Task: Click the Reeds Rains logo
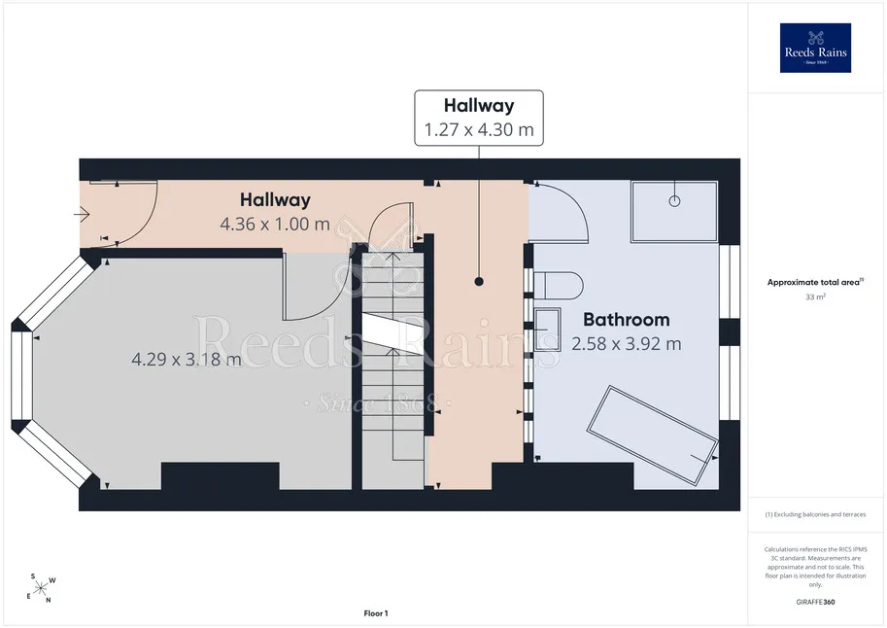[x=815, y=48]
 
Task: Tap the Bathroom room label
[x=627, y=320]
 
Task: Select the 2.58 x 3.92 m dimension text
[x=627, y=344]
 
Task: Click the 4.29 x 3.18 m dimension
[x=187, y=359]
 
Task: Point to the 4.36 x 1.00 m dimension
[x=275, y=224]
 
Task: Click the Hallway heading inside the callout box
[x=479, y=105]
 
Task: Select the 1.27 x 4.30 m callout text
[x=479, y=129]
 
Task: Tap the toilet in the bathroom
[x=559, y=286]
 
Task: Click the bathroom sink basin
[x=548, y=330]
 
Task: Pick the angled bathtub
[x=652, y=435]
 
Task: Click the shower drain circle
[x=674, y=200]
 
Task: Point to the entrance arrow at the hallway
[x=82, y=215]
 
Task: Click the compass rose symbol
[x=40, y=589]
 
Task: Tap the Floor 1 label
[x=376, y=613]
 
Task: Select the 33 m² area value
[x=815, y=297]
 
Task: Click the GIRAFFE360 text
[x=815, y=602]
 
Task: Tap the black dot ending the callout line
[x=479, y=282]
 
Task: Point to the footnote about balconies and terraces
[x=815, y=514]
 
